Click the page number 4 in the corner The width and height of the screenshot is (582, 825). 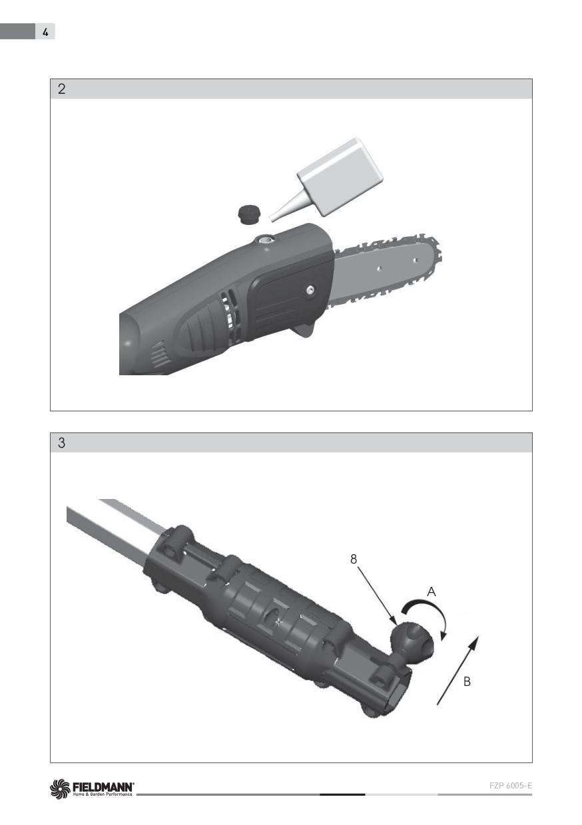(x=45, y=33)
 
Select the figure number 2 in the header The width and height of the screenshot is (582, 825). (x=61, y=89)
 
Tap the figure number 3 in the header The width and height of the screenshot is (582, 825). (x=61, y=442)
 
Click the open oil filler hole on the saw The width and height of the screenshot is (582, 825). (x=265, y=240)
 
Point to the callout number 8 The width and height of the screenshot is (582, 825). (x=354, y=559)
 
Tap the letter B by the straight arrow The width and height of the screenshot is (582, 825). (x=467, y=681)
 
